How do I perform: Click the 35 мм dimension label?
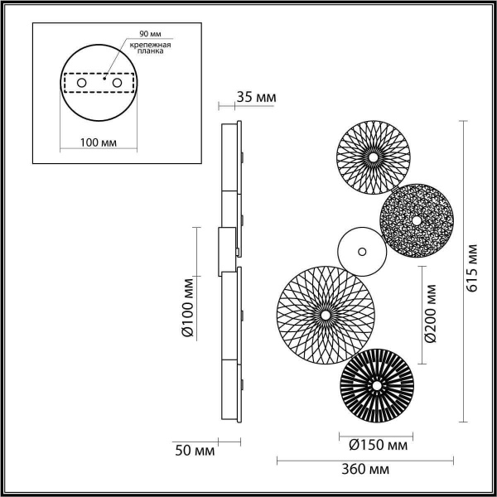[255, 98]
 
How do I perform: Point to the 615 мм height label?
[471, 269]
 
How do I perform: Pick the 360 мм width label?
[366, 470]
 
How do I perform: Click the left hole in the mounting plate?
[81, 84]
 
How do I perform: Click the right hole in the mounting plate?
[117, 84]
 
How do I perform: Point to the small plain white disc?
[361, 250]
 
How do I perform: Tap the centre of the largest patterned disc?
[325, 315]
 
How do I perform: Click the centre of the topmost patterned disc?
[372, 156]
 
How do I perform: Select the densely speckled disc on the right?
[416, 221]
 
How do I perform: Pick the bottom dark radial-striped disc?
[378, 385]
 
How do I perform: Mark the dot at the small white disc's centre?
[361, 250]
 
